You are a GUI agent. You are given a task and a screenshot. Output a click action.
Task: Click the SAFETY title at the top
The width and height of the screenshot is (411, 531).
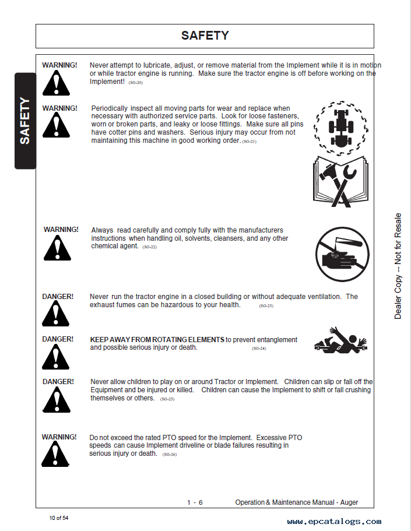click(205, 36)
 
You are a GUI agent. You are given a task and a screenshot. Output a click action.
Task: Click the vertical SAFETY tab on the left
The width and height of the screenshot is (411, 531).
click(24, 121)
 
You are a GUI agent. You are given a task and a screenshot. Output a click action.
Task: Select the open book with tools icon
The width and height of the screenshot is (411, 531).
click(340, 181)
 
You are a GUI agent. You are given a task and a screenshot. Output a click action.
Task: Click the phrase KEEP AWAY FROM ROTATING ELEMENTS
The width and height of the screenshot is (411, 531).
click(157, 340)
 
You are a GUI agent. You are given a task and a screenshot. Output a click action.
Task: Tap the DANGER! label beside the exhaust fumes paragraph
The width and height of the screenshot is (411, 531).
click(58, 297)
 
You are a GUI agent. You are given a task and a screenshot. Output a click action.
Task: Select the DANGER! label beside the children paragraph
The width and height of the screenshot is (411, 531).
click(58, 382)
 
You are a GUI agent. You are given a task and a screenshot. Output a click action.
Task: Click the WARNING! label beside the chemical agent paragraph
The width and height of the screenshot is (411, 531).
click(61, 230)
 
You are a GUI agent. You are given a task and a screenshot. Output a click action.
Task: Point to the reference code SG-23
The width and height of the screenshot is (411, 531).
click(266, 306)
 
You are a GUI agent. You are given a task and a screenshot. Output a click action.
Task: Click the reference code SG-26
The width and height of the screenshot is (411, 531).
click(169, 455)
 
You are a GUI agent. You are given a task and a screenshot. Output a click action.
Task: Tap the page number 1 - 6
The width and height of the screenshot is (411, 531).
click(195, 502)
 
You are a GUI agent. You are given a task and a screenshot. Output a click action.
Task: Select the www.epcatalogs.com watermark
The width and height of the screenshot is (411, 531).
click(334, 522)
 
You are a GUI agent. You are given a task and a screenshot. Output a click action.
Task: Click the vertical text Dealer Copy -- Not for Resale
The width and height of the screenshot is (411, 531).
click(398, 266)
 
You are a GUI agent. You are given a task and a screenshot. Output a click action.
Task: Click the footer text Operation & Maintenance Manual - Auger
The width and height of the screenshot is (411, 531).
click(296, 502)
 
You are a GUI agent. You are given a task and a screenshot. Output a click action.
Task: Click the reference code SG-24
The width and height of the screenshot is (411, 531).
click(259, 349)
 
